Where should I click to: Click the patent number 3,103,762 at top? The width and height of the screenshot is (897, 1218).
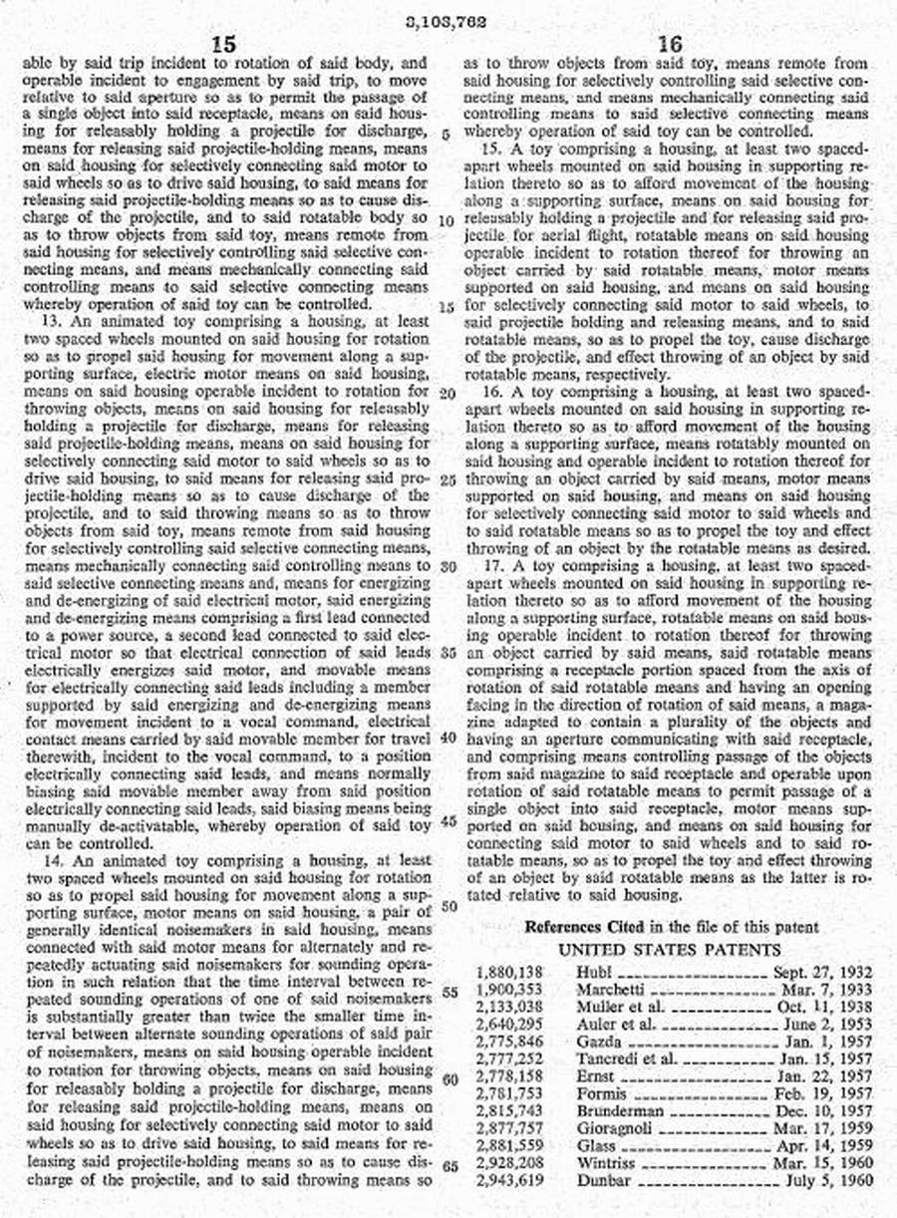click(x=448, y=19)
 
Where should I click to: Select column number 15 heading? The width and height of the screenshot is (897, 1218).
click(x=224, y=44)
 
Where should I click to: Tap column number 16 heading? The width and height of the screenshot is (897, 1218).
click(x=671, y=44)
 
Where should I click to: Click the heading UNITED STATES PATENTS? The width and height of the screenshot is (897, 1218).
click(x=670, y=950)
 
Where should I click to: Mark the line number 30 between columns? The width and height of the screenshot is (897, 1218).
click(x=448, y=566)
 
